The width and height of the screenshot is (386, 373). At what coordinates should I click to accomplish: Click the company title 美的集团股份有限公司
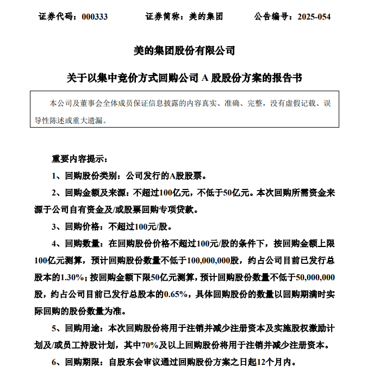(184, 51)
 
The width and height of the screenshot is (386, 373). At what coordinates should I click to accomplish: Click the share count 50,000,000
(315, 277)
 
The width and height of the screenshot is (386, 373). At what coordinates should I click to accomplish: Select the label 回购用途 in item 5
(81, 328)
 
